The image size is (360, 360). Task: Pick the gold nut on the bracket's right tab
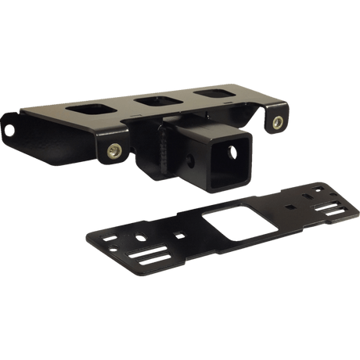[x=278, y=121]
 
